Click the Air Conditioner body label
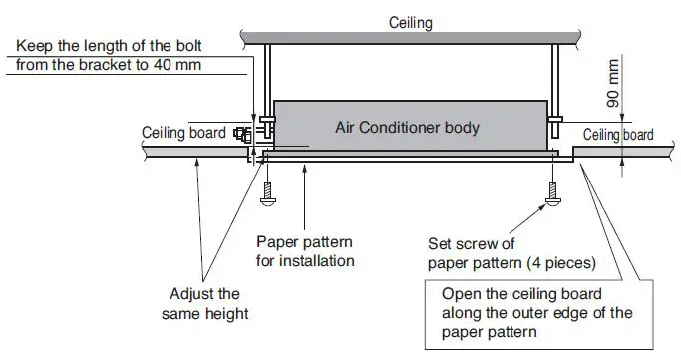pyautogui.click(x=406, y=128)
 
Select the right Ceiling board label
pyautogui.click(x=618, y=135)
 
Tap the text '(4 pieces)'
pyautogui.click(x=558, y=263)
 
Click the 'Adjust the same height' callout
pyautogui.click(x=202, y=303)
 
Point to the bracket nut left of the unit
pyautogui.click(x=242, y=133)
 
